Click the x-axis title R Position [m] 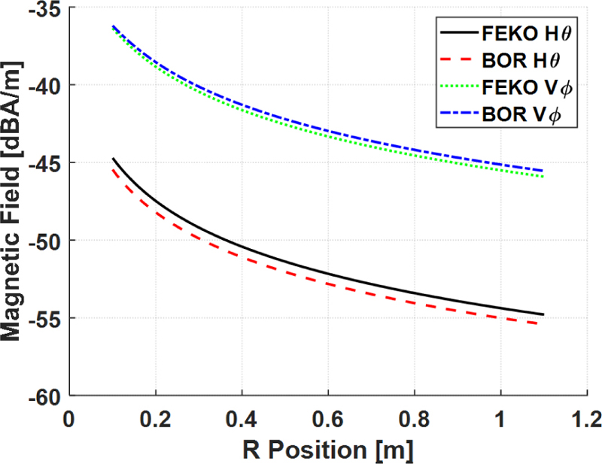coord(328,448)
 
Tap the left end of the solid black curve coord(113,159)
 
